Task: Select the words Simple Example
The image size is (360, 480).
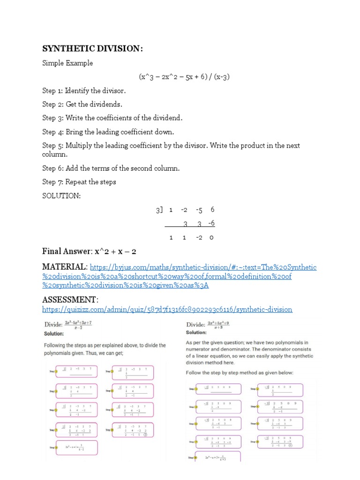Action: pyautogui.click(x=67, y=63)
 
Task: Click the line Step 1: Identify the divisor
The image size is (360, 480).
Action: pyautogui.click(x=84, y=90)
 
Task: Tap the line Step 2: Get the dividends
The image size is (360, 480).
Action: pyautogui.click(x=82, y=104)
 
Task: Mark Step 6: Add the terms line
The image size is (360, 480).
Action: pyautogui.click(x=111, y=168)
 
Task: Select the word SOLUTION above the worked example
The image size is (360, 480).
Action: pyautogui.click(x=61, y=196)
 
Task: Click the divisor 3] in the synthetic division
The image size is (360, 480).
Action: pyautogui.click(x=159, y=210)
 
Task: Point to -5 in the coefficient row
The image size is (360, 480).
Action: pyautogui.click(x=199, y=210)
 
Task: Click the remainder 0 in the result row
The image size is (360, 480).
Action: pyautogui.click(x=211, y=238)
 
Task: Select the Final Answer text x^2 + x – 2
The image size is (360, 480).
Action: pyautogui.click(x=115, y=252)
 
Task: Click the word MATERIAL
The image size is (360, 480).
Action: pyautogui.click(x=65, y=267)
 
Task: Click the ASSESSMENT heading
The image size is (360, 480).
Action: pyautogui.click(x=70, y=300)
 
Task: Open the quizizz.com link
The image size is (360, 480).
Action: pyautogui.click(x=167, y=309)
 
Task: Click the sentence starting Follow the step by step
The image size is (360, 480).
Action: pyautogui.click(x=239, y=373)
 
